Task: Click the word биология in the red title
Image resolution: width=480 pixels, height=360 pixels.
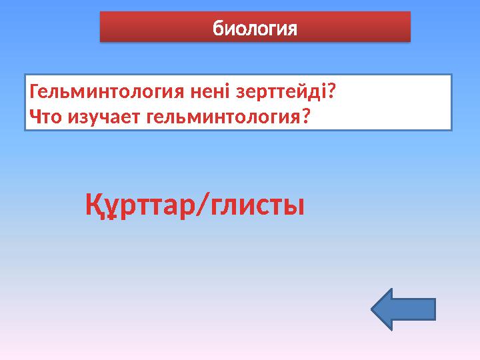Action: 254,29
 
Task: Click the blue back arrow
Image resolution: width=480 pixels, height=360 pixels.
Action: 403,309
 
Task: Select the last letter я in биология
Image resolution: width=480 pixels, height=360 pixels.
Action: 291,29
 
